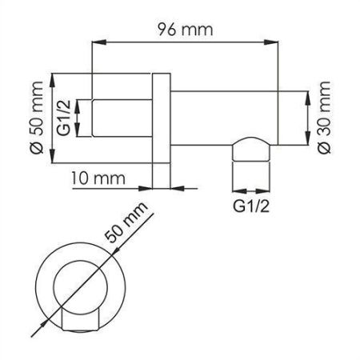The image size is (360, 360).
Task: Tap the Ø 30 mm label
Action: [323, 117]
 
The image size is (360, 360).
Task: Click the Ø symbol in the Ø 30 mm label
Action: [323, 146]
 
